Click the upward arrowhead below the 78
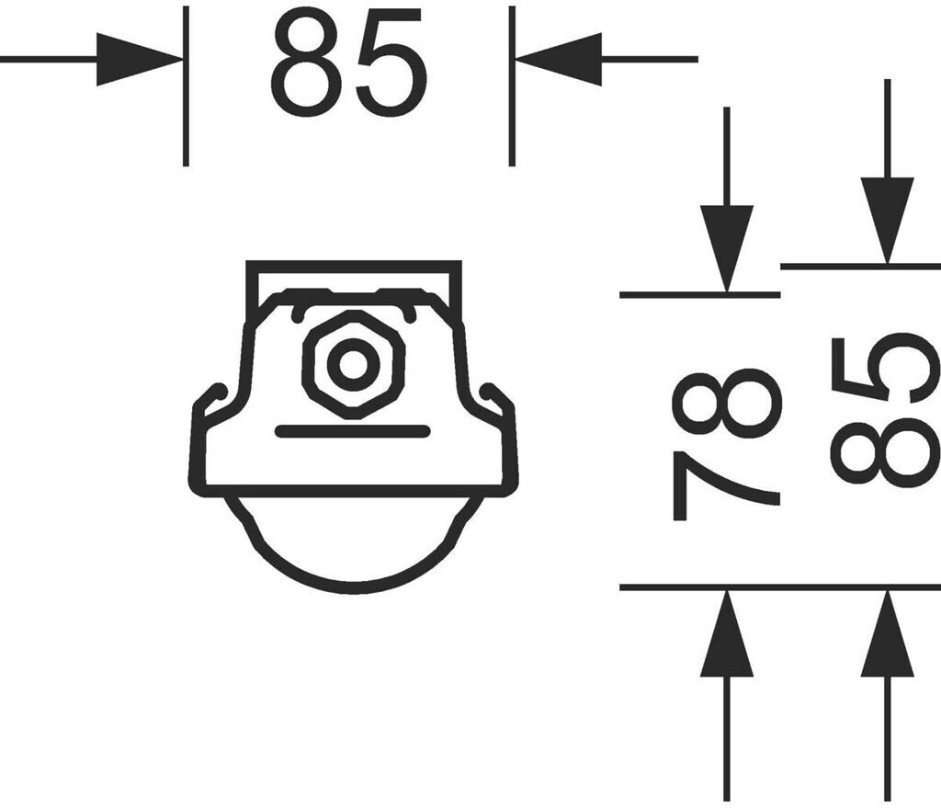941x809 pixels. (x=726, y=634)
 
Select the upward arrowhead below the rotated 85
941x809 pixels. (x=887, y=634)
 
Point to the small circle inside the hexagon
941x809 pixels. (x=354, y=364)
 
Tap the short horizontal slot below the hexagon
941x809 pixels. (x=353, y=431)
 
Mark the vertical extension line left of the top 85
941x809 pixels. (x=186, y=87)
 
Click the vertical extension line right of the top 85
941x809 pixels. (x=512, y=87)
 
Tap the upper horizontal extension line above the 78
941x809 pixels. (x=698, y=295)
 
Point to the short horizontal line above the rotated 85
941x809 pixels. (x=859, y=267)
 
